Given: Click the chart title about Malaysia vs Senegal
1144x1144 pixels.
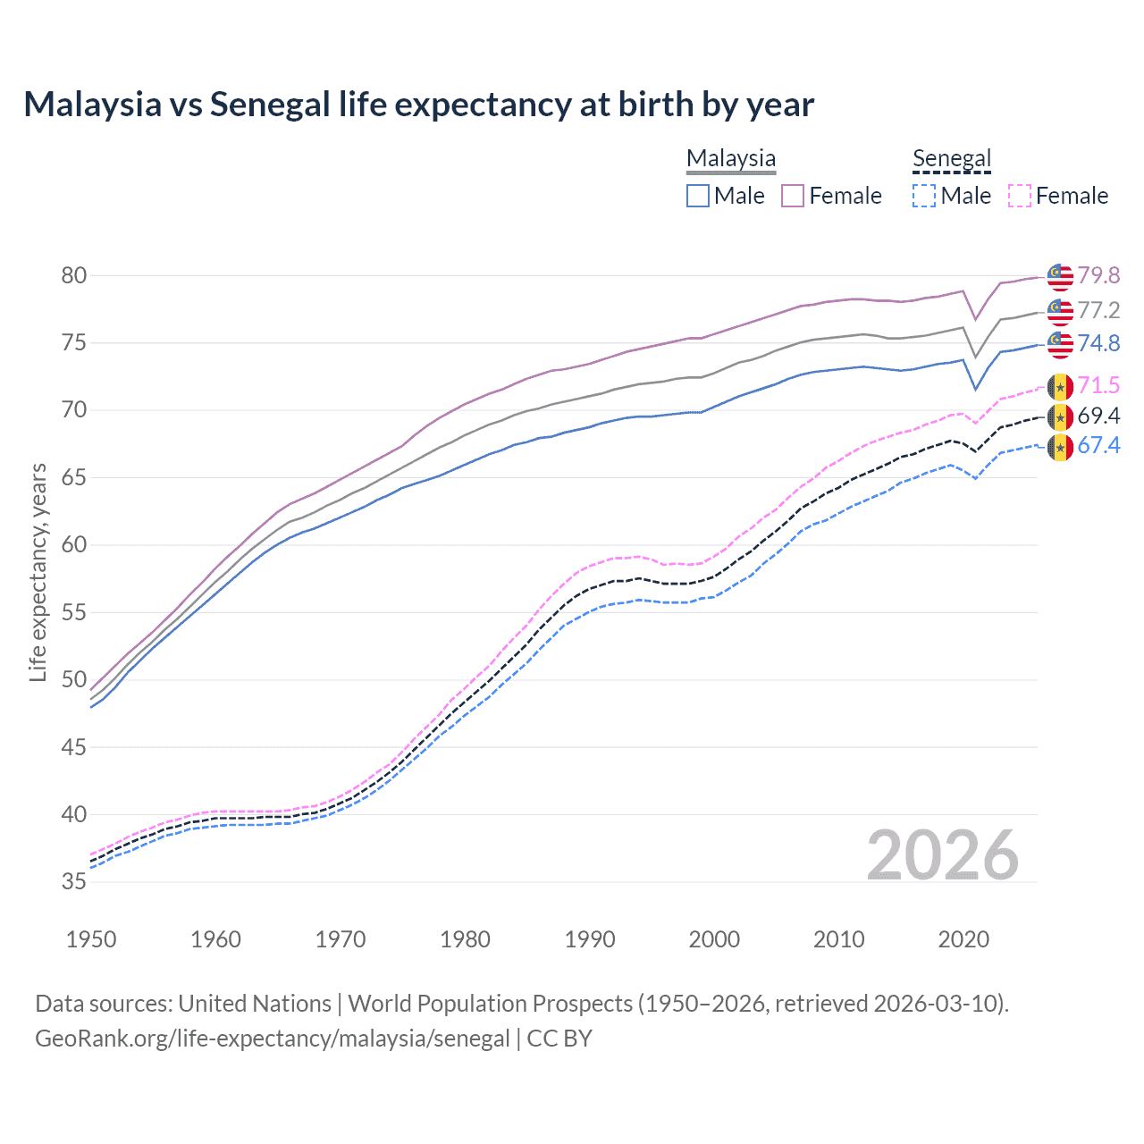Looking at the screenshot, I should tap(418, 105).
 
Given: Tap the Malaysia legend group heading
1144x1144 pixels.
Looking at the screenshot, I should tap(730, 158).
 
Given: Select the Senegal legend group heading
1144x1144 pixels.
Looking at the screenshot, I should tap(952, 158).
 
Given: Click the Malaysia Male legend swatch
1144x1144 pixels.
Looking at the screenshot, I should tap(698, 196).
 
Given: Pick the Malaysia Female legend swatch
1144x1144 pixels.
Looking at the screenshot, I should tap(793, 196).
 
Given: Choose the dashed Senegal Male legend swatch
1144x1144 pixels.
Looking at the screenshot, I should tap(924, 196).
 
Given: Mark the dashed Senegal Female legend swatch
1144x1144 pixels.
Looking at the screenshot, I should tap(1020, 196).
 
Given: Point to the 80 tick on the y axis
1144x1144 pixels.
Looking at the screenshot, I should tap(74, 275).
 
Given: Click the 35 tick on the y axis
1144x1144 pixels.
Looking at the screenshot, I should tap(74, 882).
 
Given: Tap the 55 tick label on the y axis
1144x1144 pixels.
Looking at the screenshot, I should tap(74, 612).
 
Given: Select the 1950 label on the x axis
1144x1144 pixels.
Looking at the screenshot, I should tap(91, 939).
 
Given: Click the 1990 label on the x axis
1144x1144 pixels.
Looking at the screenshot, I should tap(590, 939).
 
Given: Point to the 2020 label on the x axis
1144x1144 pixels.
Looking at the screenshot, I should tap(963, 939).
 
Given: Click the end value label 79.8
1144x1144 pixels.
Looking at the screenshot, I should tap(1098, 275).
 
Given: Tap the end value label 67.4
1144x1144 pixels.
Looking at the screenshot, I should tap(1098, 445).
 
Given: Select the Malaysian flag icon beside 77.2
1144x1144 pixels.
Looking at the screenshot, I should tap(1060, 311).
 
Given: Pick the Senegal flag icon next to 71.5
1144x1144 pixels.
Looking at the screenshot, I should tap(1060, 386).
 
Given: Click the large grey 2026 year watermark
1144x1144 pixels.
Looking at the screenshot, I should tap(942, 855).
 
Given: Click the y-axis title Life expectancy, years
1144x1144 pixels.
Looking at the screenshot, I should tap(38, 573).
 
